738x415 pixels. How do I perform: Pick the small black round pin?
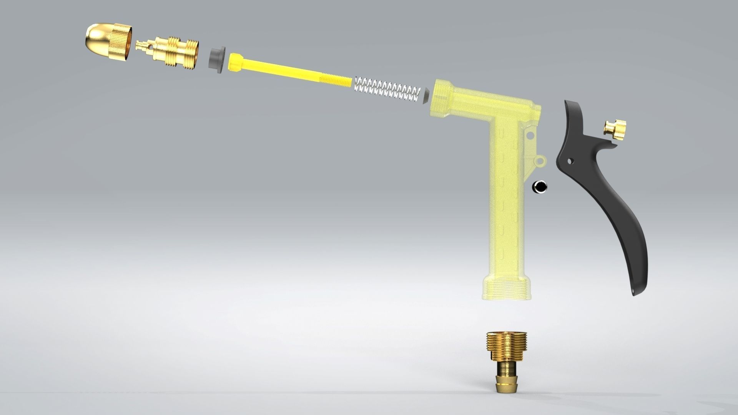pyautogui.click(x=540, y=187)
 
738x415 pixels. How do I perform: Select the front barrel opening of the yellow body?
pyautogui.click(x=440, y=96)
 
